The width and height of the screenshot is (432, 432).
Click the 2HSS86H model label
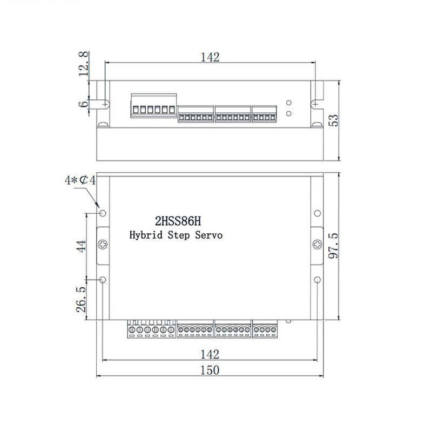pos(178,221)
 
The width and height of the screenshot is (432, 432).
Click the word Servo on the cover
pos(209,235)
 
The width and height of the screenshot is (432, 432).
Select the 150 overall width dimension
pos(210,370)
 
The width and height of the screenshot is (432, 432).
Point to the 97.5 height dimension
pos(333,246)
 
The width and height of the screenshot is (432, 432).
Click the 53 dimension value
pos(334,120)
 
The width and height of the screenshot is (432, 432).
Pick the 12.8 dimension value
pos(84,64)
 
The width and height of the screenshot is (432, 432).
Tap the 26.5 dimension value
pos(80,300)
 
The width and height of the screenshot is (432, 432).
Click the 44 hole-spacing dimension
pos(82,246)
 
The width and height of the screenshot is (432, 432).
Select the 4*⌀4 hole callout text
pos(80,180)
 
